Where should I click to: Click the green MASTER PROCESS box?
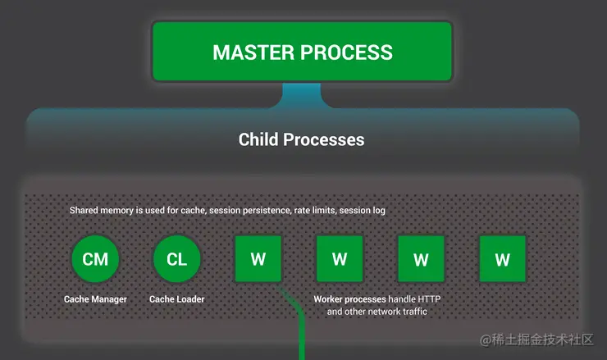pyautogui.click(x=302, y=52)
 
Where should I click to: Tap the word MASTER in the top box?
pyautogui.click(x=253, y=52)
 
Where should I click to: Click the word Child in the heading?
pyautogui.click(x=258, y=139)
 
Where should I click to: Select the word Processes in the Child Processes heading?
pyautogui.click(x=324, y=139)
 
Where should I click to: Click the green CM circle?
pyautogui.click(x=95, y=259)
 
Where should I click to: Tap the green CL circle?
pyautogui.click(x=177, y=259)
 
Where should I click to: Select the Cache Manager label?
pyautogui.click(x=95, y=299)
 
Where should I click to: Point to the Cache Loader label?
pyautogui.click(x=177, y=299)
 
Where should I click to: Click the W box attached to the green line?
pyautogui.click(x=258, y=258)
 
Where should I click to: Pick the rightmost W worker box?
pyautogui.click(x=503, y=258)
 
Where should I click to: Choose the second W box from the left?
pyautogui.click(x=340, y=258)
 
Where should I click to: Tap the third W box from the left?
pyautogui.click(x=421, y=258)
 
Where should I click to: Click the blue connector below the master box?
pyautogui.click(x=302, y=95)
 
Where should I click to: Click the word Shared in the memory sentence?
pyautogui.click(x=82, y=210)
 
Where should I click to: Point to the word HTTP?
pyautogui.click(x=429, y=299)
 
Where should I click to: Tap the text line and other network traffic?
pyautogui.click(x=377, y=312)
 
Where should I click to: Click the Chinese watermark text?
pyautogui.click(x=536, y=339)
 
